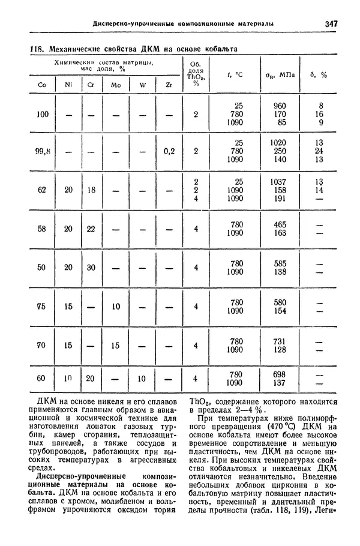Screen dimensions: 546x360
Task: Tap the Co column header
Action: tap(42, 85)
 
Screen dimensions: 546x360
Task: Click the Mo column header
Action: tap(116, 85)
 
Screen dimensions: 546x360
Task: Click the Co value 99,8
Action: tap(42, 151)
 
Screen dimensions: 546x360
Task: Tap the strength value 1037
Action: tap(279, 181)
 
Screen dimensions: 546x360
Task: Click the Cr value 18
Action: tap(91, 190)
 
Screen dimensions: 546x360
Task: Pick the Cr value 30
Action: tap(91, 268)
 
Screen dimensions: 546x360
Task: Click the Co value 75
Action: tap(41, 307)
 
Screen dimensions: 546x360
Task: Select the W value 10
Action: tap(143, 379)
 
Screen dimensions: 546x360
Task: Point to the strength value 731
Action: tap(280, 341)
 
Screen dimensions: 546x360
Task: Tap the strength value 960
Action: tap(280, 106)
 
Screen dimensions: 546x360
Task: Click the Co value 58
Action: tap(41, 229)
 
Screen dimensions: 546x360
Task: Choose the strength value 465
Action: tap(280, 224)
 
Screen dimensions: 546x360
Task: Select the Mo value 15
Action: tap(116, 346)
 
